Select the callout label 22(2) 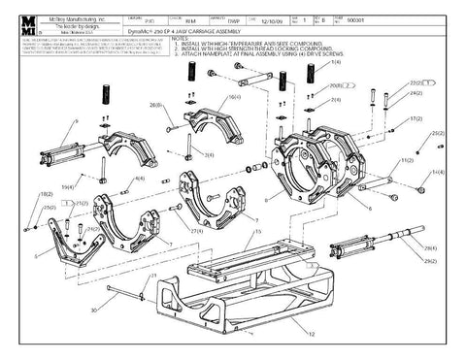pos(416,83)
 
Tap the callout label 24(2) pos(416,94)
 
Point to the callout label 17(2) pos(416,117)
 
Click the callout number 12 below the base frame pos(311,332)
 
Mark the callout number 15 pos(256,234)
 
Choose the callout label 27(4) pos(197,231)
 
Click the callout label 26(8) pos(155,104)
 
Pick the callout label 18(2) pos(46,195)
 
